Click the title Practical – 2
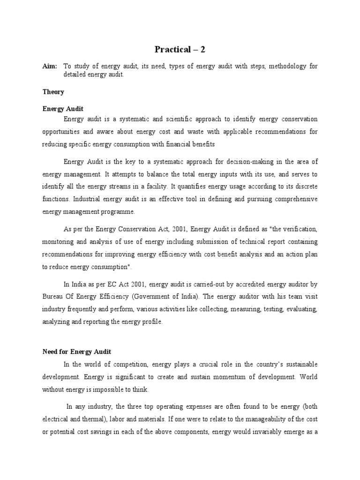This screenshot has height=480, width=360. [x=180, y=49]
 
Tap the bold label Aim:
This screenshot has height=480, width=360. [x=50, y=67]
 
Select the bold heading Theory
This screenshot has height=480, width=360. [x=53, y=92]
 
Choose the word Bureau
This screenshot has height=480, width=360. [x=53, y=297]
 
